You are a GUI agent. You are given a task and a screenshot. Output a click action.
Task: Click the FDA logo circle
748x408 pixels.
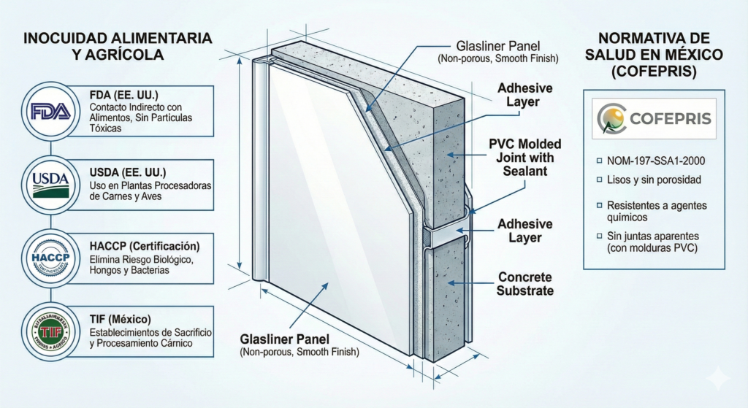[x=50, y=111]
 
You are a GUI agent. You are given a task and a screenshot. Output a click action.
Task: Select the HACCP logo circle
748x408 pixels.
[x=50, y=258]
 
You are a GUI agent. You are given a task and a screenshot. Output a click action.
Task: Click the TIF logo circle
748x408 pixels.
[x=50, y=332]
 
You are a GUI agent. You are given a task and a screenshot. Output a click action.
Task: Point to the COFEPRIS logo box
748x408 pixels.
[x=654, y=119]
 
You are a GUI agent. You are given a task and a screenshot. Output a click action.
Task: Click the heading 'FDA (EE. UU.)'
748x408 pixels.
[x=115, y=94]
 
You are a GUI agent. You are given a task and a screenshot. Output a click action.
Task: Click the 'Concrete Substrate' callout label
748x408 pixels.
[x=525, y=284]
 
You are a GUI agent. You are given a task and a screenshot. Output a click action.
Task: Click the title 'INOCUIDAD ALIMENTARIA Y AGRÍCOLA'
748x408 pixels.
[x=118, y=45]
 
